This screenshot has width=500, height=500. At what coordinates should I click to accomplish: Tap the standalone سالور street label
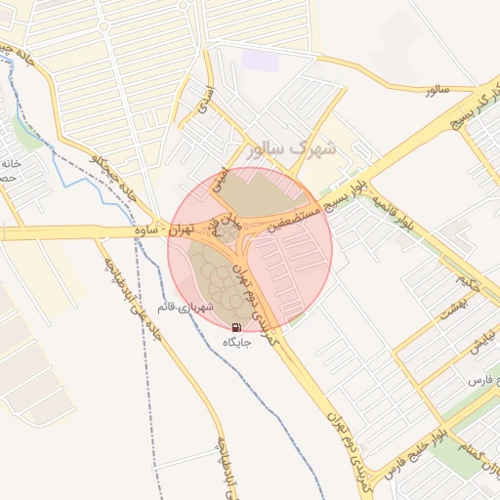(x=436, y=90)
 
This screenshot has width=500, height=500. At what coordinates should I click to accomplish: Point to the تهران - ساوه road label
(x=178, y=231)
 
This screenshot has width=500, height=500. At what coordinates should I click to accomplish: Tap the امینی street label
(x=222, y=177)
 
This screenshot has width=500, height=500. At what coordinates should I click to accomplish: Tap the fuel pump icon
(x=237, y=326)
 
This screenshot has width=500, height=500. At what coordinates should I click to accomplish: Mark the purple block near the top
(x=261, y=59)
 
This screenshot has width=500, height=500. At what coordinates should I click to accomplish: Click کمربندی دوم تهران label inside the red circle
(x=254, y=293)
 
